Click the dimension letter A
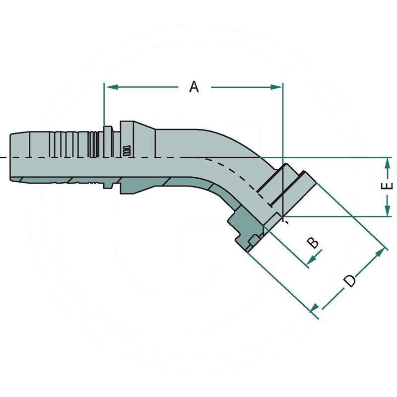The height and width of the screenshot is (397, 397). pos(194,87)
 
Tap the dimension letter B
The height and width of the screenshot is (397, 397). pos(313,243)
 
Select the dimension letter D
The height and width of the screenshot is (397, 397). pos(350,280)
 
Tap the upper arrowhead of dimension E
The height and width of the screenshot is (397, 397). pos(387,163)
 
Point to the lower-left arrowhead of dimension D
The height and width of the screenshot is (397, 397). pos(316,310)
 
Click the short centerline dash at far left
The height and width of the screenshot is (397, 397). pos(2,158)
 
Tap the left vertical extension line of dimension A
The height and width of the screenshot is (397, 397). pos(104,104)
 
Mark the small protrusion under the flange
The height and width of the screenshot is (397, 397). pos(253,241)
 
